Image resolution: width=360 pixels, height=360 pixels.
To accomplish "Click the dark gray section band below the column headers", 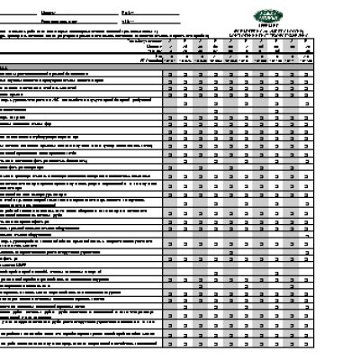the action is [180, 67].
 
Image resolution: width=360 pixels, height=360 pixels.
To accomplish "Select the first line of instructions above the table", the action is [90, 29].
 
